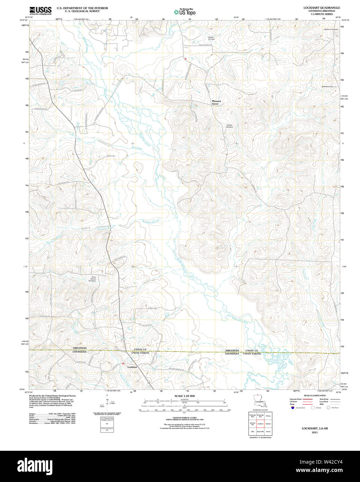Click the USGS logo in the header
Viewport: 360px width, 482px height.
click(x=40, y=10)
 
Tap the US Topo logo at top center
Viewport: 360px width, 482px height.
click(x=184, y=12)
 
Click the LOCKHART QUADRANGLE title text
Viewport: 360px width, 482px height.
click(x=322, y=8)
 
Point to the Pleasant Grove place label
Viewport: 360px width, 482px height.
click(x=216, y=102)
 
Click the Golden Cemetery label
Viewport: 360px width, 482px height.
click(x=229, y=126)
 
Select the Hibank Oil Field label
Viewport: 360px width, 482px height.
click(x=211, y=38)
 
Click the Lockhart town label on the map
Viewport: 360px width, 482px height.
click(x=132, y=367)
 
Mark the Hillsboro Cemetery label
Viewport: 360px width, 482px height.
click(x=331, y=29)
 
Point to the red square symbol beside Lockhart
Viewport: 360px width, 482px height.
click(x=123, y=363)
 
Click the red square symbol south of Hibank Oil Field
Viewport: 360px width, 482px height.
click(x=185, y=59)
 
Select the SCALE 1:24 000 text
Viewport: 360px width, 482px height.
click(x=184, y=396)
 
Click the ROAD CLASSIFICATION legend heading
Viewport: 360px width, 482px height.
click(x=314, y=396)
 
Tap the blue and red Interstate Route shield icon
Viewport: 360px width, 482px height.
click(x=293, y=408)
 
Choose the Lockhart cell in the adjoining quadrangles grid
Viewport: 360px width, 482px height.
click(x=260, y=424)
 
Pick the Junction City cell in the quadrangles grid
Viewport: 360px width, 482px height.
click(x=253, y=424)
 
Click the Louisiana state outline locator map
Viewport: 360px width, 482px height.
click(x=259, y=403)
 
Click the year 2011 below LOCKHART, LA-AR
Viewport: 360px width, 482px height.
click(x=315, y=432)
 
